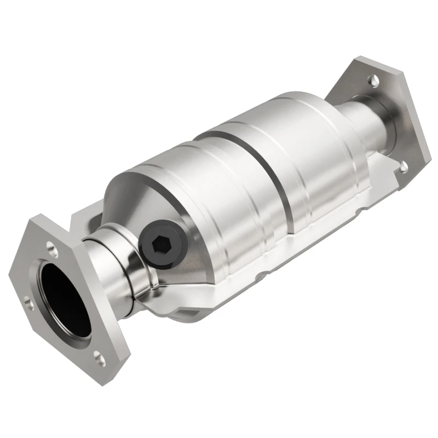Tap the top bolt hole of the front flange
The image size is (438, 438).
[x=53, y=251]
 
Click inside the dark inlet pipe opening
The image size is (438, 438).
[x=64, y=298]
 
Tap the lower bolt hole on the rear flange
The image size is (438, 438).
[x=404, y=166]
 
